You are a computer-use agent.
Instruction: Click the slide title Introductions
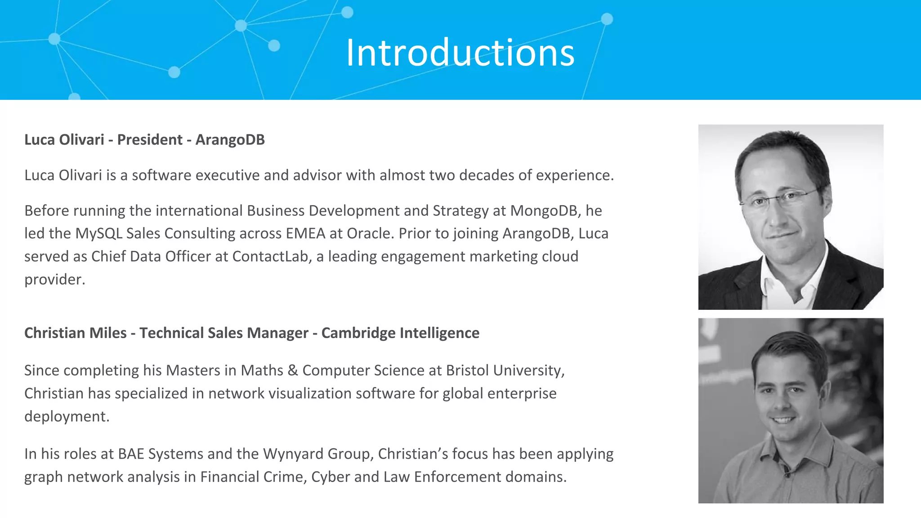[x=460, y=53]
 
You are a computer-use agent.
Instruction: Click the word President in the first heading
[x=150, y=140]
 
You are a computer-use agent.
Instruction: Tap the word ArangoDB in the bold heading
[x=230, y=140]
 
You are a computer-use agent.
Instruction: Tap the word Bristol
[x=467, y=371]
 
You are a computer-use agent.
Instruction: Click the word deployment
[x=67, y=417]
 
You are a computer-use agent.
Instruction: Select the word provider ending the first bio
[x=54, y=280]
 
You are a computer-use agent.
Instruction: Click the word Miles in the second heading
[x=108, y=333]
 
